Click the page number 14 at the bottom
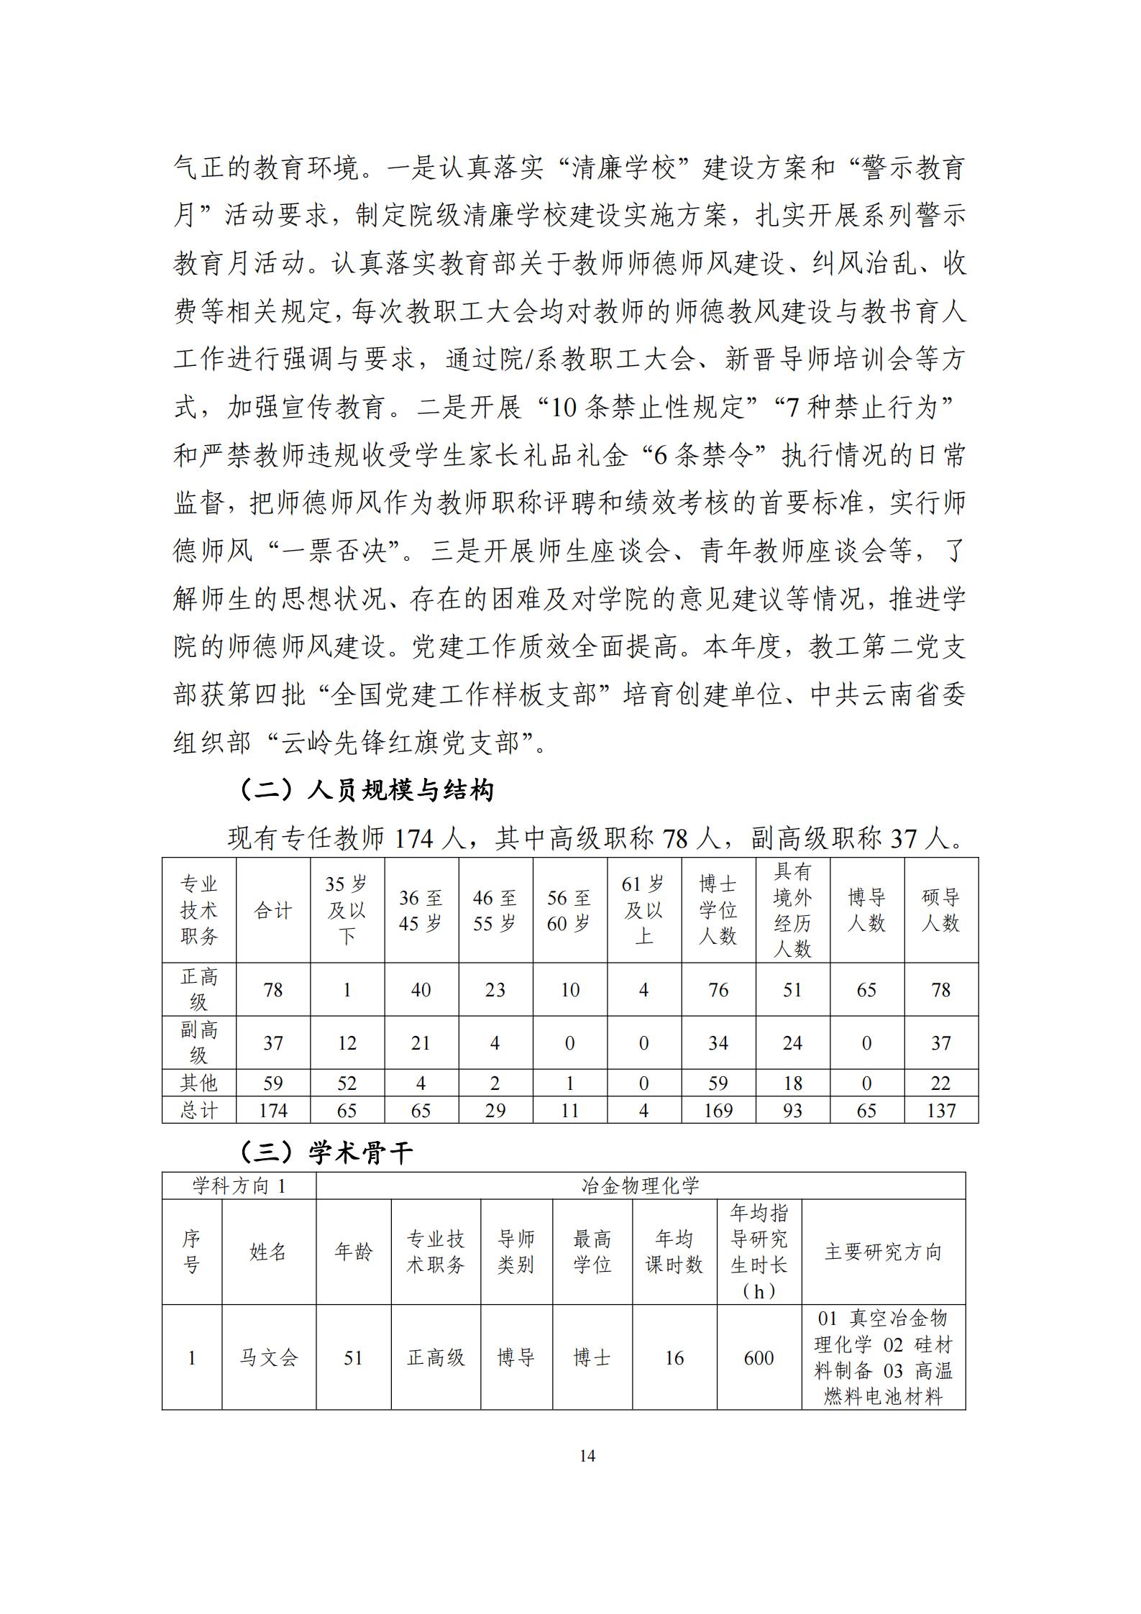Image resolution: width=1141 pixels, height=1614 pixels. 587,1456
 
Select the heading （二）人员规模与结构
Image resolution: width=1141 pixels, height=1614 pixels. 365,790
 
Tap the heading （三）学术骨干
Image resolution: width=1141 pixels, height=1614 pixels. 326,1153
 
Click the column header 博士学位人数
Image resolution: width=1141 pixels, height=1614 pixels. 718,909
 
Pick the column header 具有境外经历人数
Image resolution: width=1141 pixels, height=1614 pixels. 792,909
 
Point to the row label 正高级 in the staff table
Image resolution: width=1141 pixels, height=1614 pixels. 199,989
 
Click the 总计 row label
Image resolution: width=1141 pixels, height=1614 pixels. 199,1110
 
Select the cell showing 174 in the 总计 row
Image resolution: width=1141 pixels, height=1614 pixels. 273,1110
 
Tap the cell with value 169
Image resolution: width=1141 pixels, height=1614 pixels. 718,1110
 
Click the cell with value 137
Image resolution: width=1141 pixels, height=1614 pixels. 940,1110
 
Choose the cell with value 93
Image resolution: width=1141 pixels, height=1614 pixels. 792,1110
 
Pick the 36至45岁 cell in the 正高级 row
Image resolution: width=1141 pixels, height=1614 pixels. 421,990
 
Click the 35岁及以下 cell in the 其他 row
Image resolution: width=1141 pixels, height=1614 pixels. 347,1083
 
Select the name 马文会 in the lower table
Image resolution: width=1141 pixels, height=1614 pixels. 268,1357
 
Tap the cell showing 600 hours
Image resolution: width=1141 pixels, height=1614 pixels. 759,1357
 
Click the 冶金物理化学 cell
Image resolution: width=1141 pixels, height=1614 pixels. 640,1186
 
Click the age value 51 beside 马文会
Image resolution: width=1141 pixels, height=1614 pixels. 353,1357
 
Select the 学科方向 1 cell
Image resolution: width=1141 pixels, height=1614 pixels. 239,1186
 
